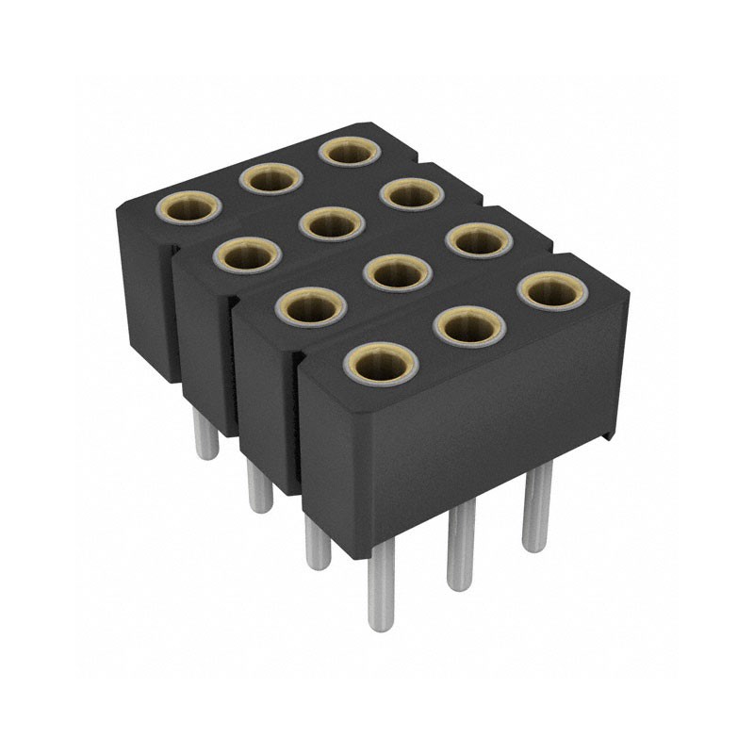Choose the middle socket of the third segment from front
click(331, 223)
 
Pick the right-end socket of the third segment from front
click(412, 194)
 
